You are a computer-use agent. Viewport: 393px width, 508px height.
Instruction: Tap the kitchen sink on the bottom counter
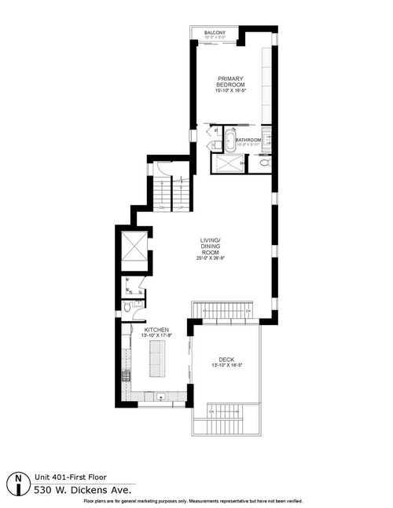point(159,395)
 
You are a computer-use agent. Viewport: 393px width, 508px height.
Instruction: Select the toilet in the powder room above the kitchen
point(127,308)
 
